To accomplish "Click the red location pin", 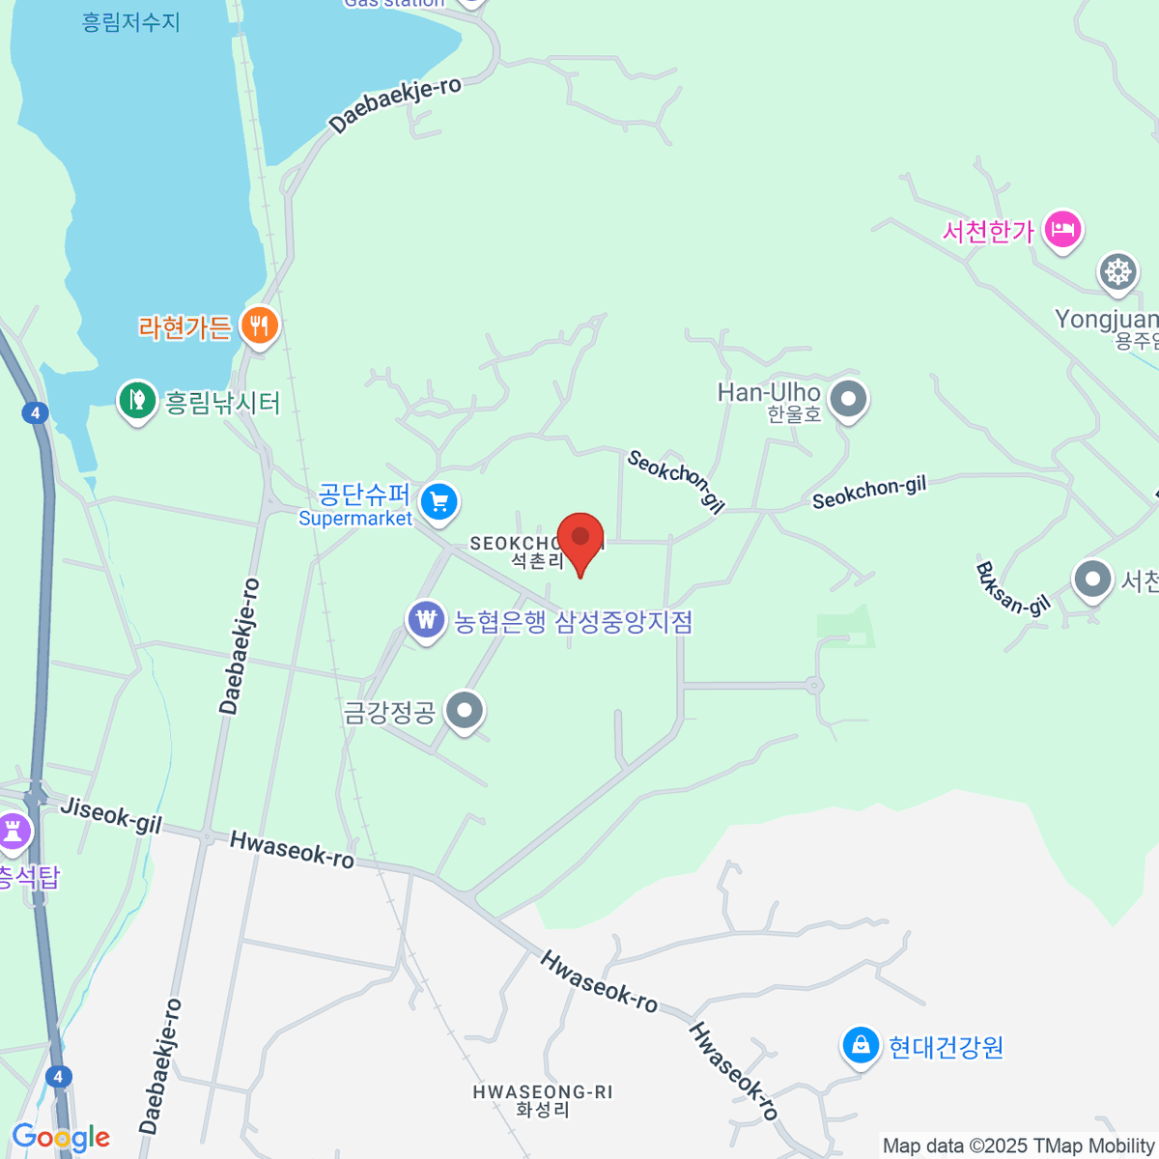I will (580, 538).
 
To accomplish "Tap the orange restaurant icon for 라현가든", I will (259, 325).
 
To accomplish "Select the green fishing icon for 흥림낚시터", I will (137, 400).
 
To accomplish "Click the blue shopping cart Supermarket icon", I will (439, 502).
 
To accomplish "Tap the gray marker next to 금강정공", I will (465, 711).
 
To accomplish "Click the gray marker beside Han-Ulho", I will (849, 398).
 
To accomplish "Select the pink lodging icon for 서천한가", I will (1062, 230).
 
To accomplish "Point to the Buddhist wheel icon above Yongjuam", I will (1117, 271).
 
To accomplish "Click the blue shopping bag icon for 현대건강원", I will (859, 1045).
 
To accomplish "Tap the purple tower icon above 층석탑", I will (14, 831).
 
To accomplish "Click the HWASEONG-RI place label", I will (543, 1092).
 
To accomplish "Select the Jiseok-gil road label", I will (111, 814).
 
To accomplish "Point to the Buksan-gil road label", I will (1012, 588).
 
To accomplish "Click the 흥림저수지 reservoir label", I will (131, 21).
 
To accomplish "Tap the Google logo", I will (61, 1138).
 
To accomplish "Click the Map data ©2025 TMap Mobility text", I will (1019, 1146).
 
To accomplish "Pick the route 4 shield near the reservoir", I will (35, 413).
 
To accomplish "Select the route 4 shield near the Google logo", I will (59, 1076).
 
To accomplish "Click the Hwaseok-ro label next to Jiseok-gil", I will (292, 850).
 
